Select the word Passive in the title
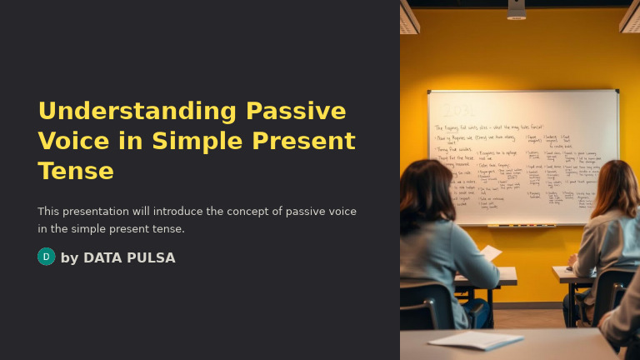tap(296, 111)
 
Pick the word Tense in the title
tap(76, 171)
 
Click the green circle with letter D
tap(46, 257)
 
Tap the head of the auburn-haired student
tap(617, 190)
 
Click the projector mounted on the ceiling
tap(517, 9)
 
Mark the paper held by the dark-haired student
tap(490, 252)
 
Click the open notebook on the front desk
tap(475, 340)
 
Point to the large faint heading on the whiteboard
tap(460, 110)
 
